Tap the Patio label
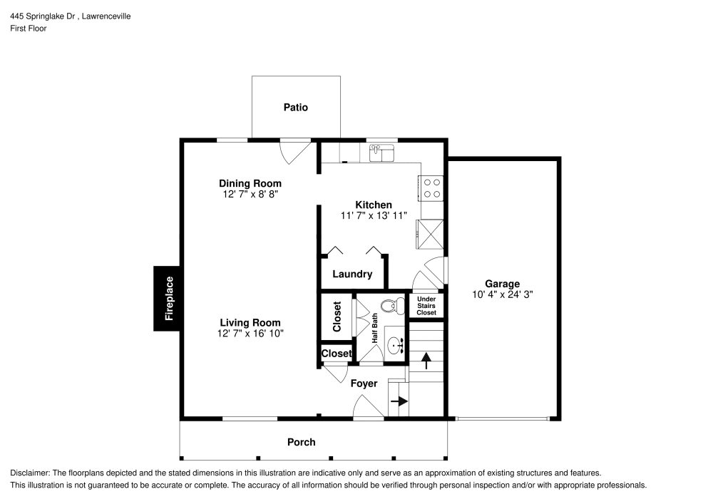(296, 108)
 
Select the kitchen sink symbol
(382, 153)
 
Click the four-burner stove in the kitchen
(432, 187)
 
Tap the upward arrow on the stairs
(426, 361)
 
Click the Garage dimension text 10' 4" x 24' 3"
(503, 294)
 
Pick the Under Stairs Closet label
(426, 306)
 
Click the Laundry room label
(352, 274)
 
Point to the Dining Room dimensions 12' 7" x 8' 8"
(250, 194)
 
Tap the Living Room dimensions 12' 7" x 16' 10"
(250, 334)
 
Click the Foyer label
(364, 384)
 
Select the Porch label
(301, 442)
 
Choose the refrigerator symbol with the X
(432, 232)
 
